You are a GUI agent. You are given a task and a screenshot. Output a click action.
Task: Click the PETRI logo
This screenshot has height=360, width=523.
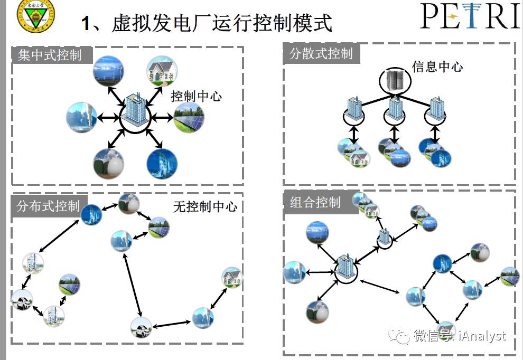pos(470,16)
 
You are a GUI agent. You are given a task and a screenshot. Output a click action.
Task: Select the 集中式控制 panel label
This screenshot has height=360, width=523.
pos(50,55)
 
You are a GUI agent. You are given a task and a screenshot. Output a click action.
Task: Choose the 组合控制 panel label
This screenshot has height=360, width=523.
pos(315,202)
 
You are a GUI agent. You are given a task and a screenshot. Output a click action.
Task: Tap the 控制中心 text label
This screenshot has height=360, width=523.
pos(196,96)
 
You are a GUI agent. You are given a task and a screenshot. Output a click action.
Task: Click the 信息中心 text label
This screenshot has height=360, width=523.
pos(437,67)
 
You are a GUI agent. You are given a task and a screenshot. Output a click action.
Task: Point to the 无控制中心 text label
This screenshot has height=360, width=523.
pos(205,206)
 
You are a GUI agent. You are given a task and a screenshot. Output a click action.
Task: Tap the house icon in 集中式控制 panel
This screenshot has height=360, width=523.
pos(162,71)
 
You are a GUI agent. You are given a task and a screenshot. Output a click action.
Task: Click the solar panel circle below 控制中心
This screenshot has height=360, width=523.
pos(189,117)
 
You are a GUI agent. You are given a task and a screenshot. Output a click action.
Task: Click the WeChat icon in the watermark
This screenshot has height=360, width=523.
pos(399,336)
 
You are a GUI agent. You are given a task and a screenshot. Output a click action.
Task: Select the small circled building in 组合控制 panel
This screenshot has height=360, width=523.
pos(385,238)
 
